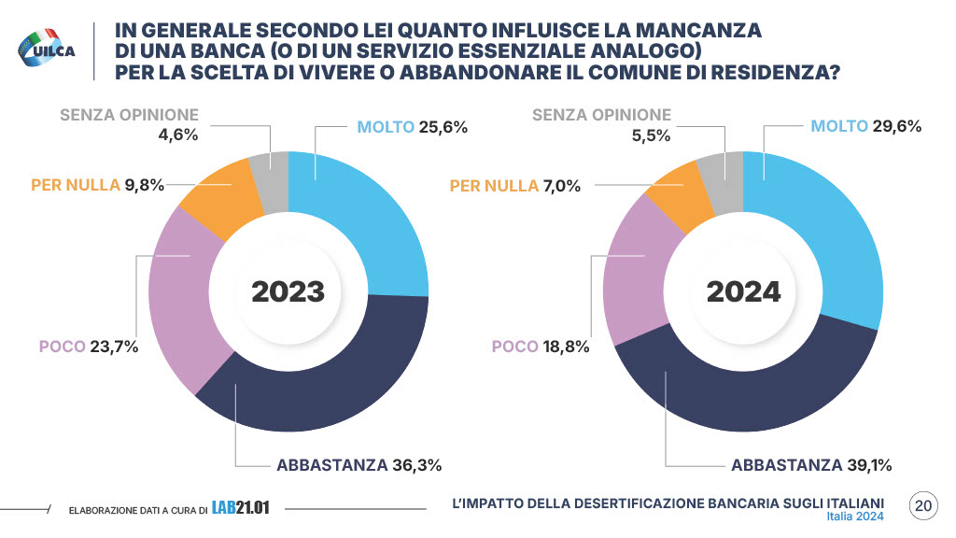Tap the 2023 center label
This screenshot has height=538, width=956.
[288, 291]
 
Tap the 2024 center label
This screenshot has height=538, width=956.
[743, 291]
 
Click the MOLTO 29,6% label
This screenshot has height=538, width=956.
[865, 126]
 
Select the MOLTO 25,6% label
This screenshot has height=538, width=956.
[412, 126]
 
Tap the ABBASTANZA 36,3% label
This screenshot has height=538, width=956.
[358, 464]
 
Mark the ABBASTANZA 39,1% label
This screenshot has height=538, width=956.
[813, 464]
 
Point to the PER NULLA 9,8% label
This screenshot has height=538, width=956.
[97, 185]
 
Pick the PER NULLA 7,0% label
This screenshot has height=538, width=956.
[515, 186]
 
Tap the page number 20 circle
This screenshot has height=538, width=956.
[923, 506]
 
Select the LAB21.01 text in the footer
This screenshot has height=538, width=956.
[240, 508]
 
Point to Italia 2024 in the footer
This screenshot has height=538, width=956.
[854, 517]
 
